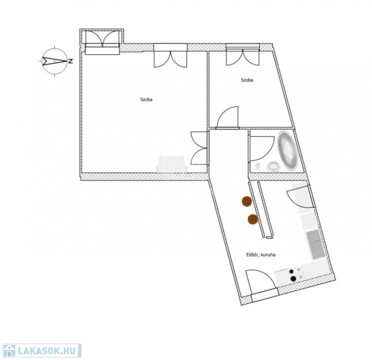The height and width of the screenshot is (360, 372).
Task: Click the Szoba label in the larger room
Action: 146,100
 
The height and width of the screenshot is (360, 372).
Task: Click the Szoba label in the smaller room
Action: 247,80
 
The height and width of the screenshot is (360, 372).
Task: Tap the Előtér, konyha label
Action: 260,255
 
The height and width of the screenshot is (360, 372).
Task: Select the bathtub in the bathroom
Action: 287,150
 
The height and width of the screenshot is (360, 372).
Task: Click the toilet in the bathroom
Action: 258,167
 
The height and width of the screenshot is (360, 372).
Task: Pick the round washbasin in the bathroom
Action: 274,166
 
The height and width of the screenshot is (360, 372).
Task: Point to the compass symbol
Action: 54,61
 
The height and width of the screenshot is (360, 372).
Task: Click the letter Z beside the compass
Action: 70,61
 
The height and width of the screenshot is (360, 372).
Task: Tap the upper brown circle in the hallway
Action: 246,201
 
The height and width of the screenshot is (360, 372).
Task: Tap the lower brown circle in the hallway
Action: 253,219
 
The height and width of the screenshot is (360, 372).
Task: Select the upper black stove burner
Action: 291,271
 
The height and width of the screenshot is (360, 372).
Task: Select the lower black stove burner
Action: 293,278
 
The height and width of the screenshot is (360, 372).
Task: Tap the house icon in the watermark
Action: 8,351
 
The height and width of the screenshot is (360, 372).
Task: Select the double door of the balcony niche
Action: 102,38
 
